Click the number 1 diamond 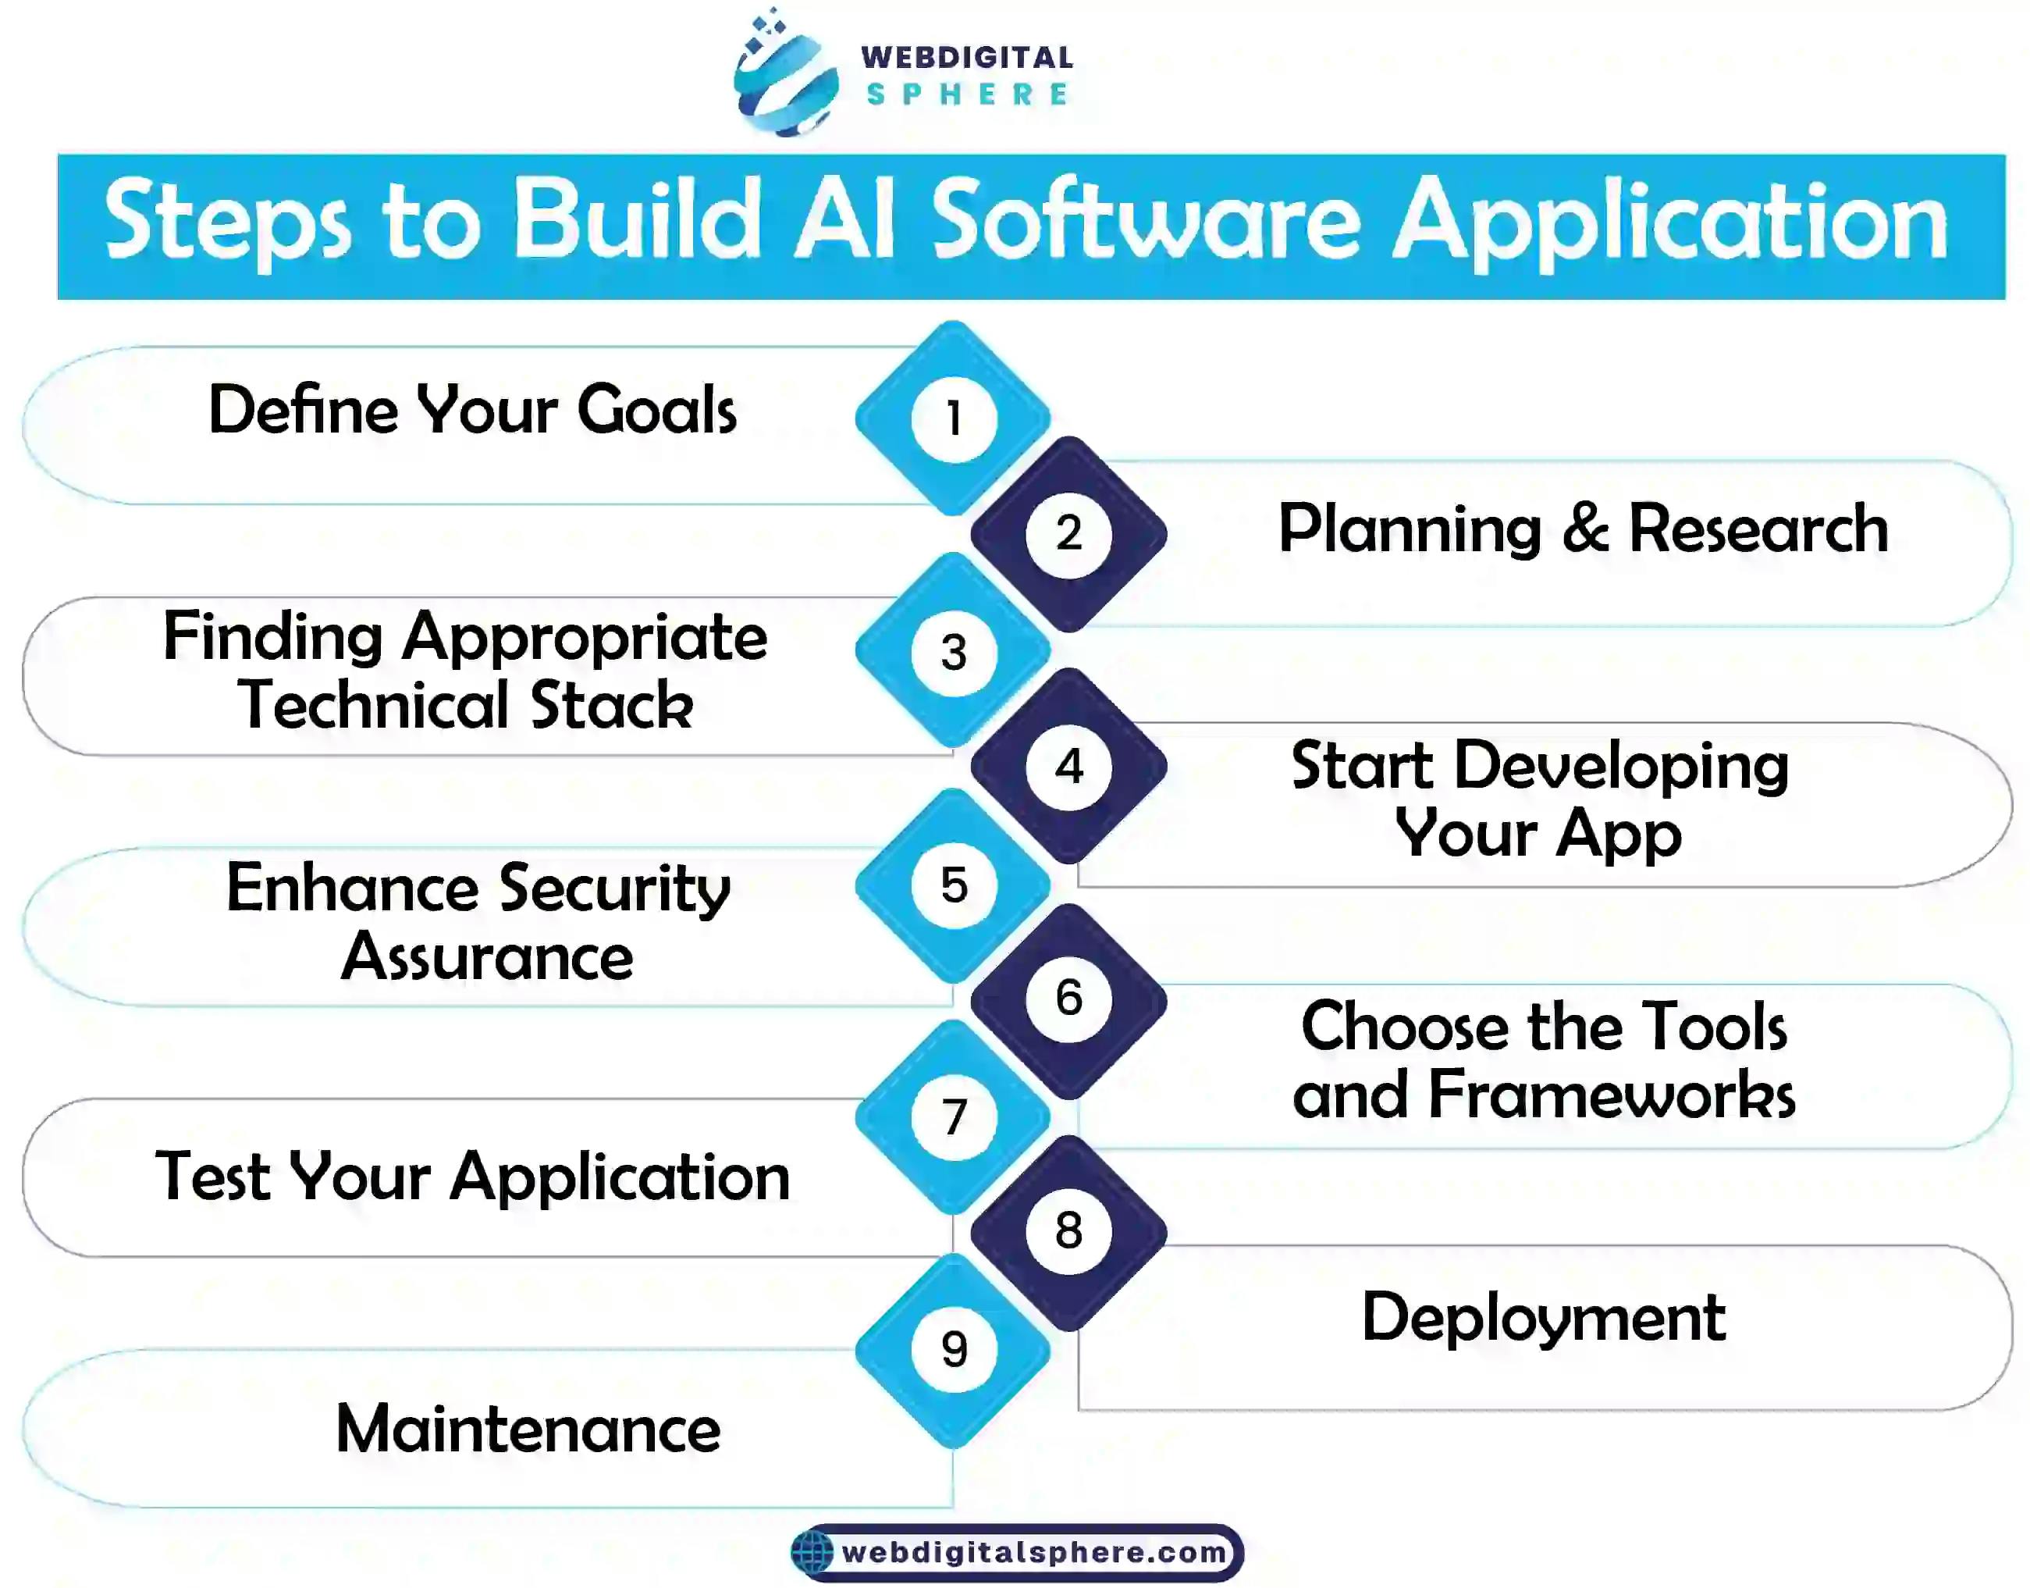pyautogui.click(x=953, y=418)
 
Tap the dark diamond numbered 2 pyautogui.click(x=1069, y=534)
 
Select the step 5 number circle pyautogui.click(x=954, y=885)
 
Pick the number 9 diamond pyautogui.click(x=953, y=1349)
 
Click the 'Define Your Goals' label pyautogui.click(x=472, y=409)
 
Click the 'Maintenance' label pyautogui.click(x=528, y=1428)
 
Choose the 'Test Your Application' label pyautogui.click(x=472, y=1178)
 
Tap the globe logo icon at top pyautogui.click(x=785, y=73)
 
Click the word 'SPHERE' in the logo pyautogui.click(x=967, y=94)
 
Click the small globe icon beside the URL pyautogui.click(x=812, y=1553)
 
